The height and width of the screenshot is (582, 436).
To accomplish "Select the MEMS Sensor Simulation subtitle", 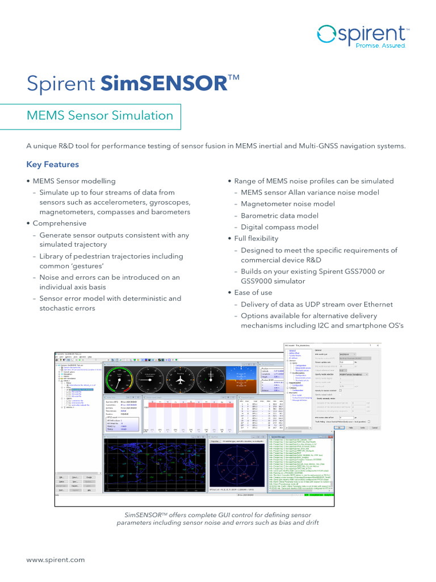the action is click(x=100, y=116).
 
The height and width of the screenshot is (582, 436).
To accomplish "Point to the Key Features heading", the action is click(x=53, y=165).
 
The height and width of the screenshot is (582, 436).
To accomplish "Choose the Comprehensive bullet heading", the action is click(x=60, y=223).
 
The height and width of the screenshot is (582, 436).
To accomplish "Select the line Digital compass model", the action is click(x=279, y=227).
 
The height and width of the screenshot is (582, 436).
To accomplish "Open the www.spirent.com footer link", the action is click(x=56, y=560).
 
